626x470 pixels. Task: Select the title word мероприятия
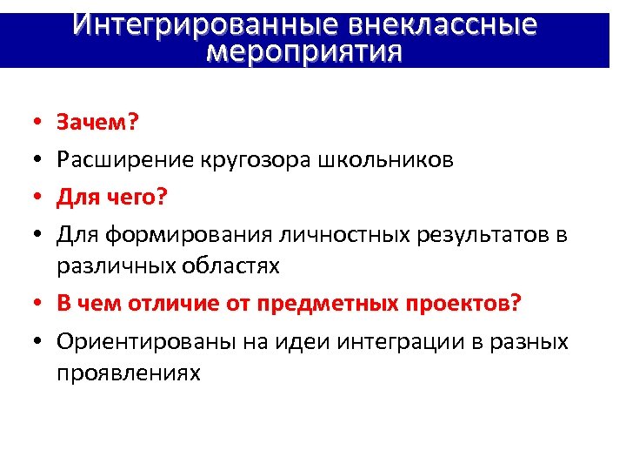(305, 52)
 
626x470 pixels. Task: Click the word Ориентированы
(137, 342)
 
